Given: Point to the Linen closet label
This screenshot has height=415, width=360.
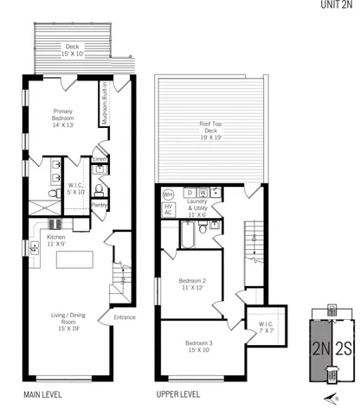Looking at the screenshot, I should (x=100, y=159).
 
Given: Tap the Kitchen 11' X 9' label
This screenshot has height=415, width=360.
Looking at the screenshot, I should (x=55, y=239).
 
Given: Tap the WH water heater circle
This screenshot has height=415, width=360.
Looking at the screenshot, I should (x=169, y=194).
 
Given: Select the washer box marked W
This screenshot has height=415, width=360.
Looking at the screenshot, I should (x=202, y=192).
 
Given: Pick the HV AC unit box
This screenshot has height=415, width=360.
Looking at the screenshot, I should (x=169, y=210).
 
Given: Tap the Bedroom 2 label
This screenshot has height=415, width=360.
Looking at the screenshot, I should (x=192, y=284).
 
